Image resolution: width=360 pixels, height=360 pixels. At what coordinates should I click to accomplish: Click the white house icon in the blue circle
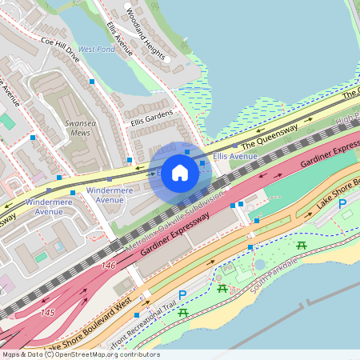tap(179, 173)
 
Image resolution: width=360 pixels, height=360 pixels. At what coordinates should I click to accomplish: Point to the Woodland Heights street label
tap(146, 34)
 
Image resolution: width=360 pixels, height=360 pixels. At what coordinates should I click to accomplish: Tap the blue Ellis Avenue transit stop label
tap(235, 156)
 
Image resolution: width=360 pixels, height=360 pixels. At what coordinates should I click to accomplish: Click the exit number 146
tap(109, 265)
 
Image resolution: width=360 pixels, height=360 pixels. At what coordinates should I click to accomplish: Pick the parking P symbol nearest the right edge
tap(343, 204)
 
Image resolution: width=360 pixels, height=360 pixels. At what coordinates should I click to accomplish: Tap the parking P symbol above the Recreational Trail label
tap(182, 296)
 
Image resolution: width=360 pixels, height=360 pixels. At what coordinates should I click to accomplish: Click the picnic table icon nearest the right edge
tap(302, 245)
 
